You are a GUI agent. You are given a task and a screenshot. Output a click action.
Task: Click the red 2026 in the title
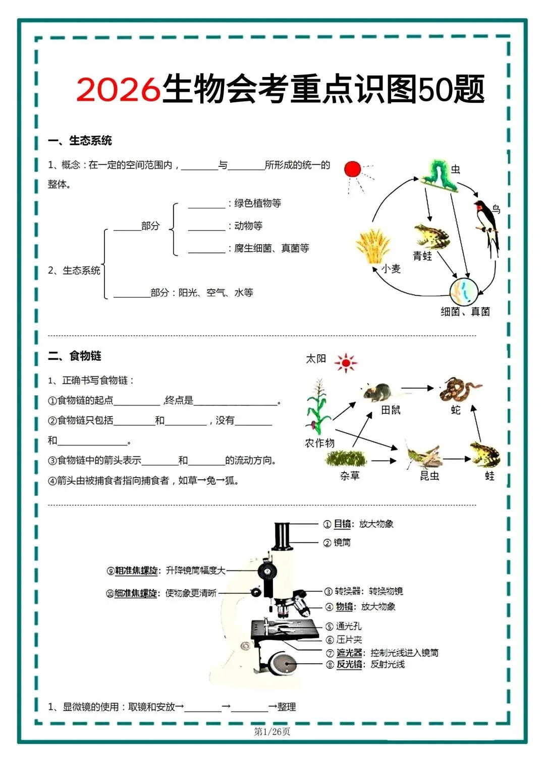coord(118,90)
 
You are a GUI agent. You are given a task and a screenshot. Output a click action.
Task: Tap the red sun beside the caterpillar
coord(353,169)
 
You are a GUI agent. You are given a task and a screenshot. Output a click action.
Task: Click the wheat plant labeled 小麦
coord(373,246)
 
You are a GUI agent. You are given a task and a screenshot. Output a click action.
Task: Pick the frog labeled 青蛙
coord(431,236)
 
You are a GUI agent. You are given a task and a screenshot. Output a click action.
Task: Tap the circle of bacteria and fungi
coord(463,291)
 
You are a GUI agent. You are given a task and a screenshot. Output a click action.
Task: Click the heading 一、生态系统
coord(80,141)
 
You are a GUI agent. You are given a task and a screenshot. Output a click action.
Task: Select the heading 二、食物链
coord(75,356)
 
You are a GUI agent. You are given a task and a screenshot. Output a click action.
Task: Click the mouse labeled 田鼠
coord(377,392)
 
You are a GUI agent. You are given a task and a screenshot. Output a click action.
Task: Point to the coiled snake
coord(458,389)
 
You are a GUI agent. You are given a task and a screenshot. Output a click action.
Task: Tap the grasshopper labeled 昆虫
coord(424,456)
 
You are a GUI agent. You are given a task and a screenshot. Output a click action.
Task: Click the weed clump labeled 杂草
coord(346,458)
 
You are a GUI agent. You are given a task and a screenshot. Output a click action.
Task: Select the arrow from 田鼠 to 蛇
coord(417,388)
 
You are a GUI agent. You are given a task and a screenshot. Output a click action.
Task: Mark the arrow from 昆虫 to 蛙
coord(457,459)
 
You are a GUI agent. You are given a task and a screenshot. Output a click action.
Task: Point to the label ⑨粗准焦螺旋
coord(133,570)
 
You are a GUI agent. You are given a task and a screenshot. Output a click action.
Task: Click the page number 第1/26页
coord(272,731)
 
